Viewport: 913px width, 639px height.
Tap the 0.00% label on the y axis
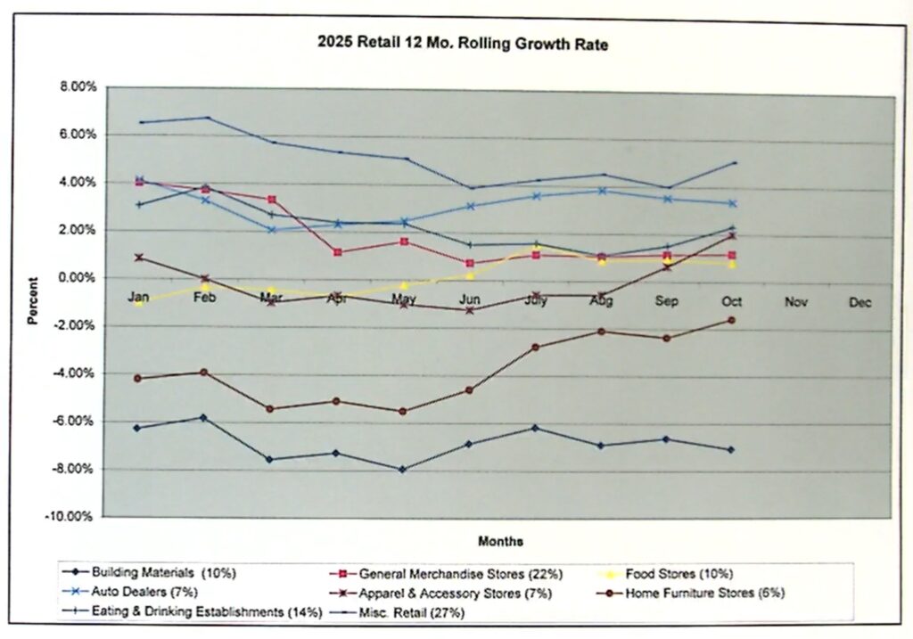pos(78,278)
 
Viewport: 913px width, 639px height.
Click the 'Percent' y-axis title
pos(34,304)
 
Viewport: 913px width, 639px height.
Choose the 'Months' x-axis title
pos(500,541)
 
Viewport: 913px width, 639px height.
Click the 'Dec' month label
pos(860,303)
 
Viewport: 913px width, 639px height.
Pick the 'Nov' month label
pos(795,303)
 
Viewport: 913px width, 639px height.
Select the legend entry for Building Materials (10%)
pos(159,573)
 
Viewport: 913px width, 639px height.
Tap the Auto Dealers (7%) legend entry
pos(143,592)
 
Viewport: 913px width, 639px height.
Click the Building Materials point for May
pos(403,470)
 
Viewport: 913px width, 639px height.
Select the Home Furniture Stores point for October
pos(731,320)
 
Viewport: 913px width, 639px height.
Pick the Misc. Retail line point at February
pos(207,118)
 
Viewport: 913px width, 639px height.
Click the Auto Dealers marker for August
pos(602,191)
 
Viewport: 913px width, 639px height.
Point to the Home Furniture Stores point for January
pos(137,378)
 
